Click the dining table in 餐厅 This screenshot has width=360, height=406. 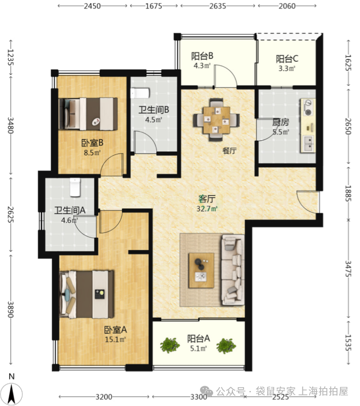(216, 120)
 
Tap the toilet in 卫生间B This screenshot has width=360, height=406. (140, 93)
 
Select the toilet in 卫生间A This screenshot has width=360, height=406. (75, 187)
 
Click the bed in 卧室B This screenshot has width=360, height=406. (88, 114)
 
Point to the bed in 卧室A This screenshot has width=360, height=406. (86, 294)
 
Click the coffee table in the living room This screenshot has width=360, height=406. (202, 270)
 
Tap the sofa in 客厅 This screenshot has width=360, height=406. (232, 270)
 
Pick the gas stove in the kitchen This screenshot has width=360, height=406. (308, 107)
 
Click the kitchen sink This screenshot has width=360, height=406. (308, 144)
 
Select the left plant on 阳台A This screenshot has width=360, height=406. (170, 346)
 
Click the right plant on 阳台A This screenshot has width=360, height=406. (226, 346)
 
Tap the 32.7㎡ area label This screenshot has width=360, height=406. (207, 208)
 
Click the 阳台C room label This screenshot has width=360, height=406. (287, 59)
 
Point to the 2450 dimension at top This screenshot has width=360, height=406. (92, 6)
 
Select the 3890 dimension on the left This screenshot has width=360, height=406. (10, 309)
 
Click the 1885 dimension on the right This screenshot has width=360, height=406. (348, 193)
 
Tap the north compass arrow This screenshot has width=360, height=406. (12, 393)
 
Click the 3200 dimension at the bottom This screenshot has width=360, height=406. (104, 397)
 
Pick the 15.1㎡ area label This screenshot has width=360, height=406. (115, 339)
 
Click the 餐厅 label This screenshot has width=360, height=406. (230, 150)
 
